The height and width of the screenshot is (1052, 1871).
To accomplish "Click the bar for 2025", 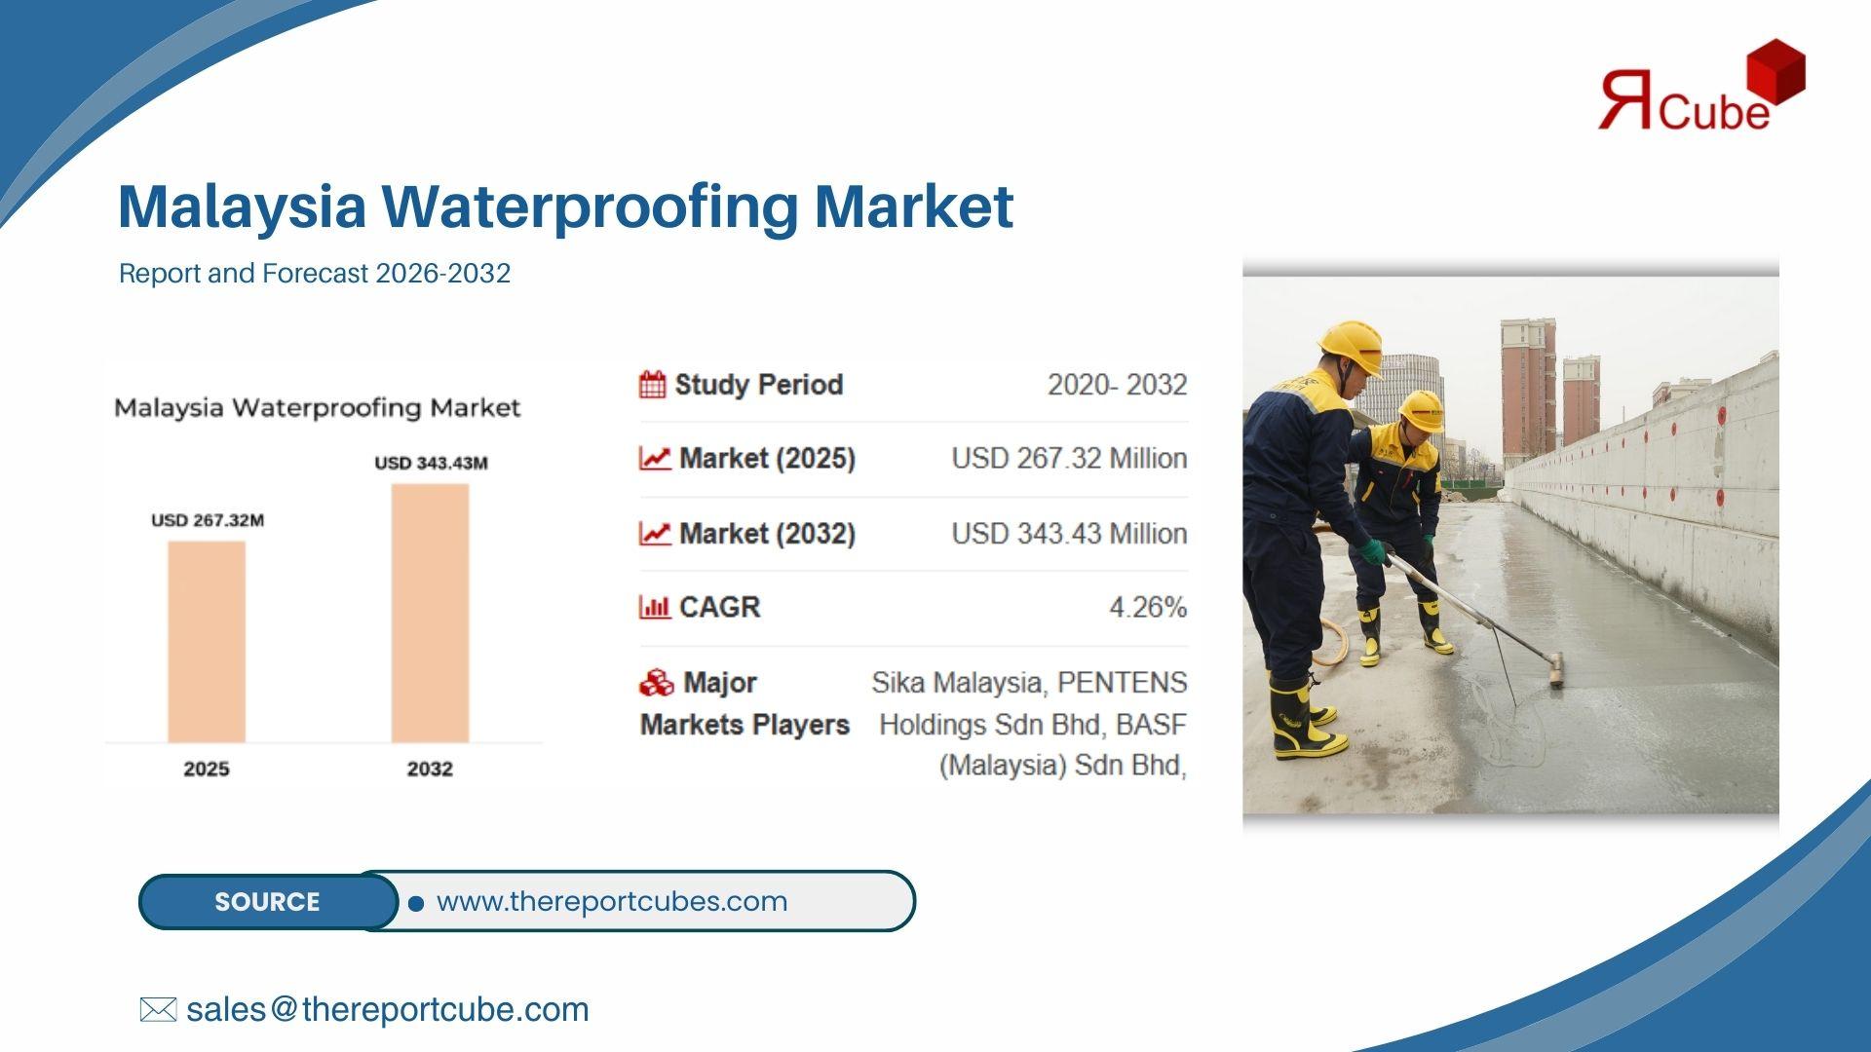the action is point(207,642).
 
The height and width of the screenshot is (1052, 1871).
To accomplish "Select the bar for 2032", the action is point(430,614).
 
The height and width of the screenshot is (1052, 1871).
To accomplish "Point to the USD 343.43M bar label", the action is point(431,463).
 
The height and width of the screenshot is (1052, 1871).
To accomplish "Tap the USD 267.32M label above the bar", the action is point(208,520).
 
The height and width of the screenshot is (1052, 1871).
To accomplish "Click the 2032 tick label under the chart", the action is point(430,769).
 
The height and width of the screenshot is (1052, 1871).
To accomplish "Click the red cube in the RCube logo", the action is point(1776,72).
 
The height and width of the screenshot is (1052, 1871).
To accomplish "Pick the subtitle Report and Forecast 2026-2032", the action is point(315,273).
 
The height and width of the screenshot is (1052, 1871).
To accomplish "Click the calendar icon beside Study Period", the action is point(652,385).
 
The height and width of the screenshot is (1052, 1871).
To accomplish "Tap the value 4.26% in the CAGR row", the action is point(1148,608).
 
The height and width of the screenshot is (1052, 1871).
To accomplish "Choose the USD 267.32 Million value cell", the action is point(1069,459).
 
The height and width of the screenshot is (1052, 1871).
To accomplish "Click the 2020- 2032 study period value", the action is point(1117,385).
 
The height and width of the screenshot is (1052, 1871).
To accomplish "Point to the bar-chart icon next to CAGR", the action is point(654,608).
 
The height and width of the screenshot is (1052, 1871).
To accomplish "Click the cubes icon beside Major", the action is point(656,683).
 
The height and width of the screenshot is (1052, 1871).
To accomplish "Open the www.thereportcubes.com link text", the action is point(612,902).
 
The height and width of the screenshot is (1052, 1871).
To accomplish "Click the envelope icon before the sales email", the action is point(158,1010).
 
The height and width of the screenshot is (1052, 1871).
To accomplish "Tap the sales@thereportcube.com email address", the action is point(388,1010).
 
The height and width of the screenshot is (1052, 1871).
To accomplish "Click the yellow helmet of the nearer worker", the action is point(1353,346).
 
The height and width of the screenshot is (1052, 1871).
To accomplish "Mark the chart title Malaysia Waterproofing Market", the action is point(317,408).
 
